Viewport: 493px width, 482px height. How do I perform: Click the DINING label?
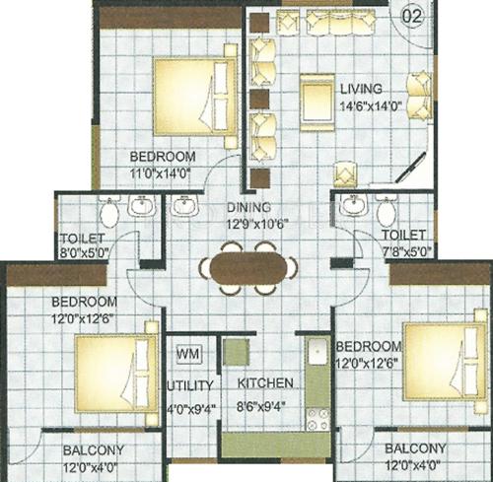246,209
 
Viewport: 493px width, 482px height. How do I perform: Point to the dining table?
246,268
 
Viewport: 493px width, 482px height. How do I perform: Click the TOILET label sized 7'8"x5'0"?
404,237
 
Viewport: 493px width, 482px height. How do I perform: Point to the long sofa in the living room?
331,22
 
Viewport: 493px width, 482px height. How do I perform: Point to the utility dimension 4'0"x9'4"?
187,402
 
